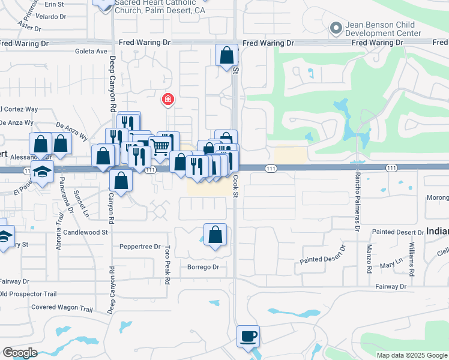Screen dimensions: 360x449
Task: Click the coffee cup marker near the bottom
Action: tap(247, 337)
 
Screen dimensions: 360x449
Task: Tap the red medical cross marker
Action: tap(168, 100)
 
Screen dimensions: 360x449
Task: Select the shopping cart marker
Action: tap(160, 146)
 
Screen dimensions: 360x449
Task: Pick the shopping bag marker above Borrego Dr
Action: tap(215, 235)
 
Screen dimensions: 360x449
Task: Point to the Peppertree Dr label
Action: tap(140, 247)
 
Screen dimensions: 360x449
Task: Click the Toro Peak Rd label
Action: tap(167, 265)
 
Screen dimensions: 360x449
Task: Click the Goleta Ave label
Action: tap(91, 52)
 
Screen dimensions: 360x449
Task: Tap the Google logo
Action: tap(20, 353)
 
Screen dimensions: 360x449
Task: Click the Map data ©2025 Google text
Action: tap(411, 355)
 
